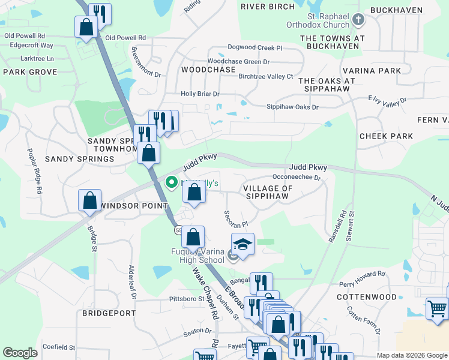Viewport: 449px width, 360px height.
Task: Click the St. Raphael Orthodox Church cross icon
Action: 358,20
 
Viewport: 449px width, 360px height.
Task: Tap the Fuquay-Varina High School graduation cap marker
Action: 243,245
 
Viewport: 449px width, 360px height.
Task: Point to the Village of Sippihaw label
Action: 268,192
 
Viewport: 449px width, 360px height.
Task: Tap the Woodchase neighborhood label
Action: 208,70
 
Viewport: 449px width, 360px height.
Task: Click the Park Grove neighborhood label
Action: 30,72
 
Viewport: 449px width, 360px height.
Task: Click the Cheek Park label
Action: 387,136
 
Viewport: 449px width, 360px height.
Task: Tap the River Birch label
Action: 268,7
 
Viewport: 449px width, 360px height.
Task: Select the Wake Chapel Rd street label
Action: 205,293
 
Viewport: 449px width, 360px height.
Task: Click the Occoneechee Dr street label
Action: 297,178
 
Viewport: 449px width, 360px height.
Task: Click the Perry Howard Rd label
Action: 362,278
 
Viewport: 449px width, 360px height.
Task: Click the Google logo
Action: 20,353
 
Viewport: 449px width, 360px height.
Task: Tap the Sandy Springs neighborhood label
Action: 79,159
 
